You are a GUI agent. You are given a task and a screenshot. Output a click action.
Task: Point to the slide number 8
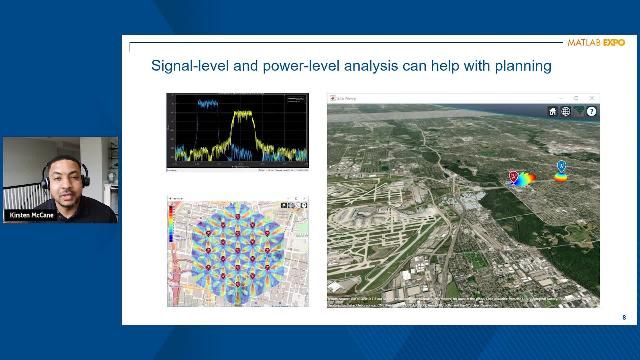[x=623, y=318]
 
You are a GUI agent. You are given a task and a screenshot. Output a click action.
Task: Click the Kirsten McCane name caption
[x=32, y=214]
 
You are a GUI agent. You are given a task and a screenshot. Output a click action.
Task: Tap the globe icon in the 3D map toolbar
[x=566, y=112]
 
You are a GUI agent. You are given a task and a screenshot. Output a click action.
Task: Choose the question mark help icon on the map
[x=591, y=112]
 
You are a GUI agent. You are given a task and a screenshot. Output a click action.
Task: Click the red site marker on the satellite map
[x=514, y=177]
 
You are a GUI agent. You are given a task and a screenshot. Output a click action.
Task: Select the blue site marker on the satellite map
[x=561, y=165]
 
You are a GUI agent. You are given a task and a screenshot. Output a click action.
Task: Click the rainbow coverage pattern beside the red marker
[x=526, y=179]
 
